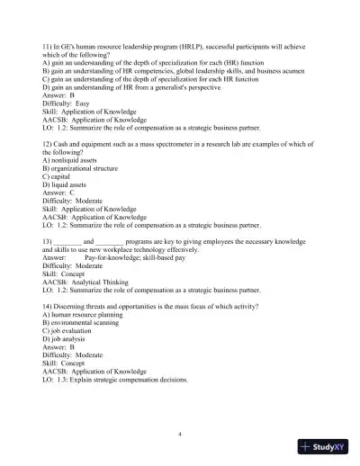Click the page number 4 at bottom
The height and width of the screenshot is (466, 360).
pyautogui.click(x=180, y=433)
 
